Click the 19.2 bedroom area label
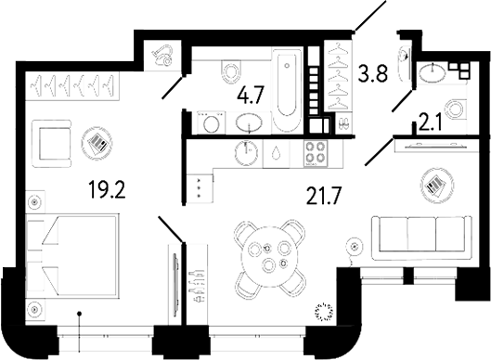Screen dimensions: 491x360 pyautogui.click(x=107, y=190)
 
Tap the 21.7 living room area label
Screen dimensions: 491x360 pyautogui.click(x=324, y=196)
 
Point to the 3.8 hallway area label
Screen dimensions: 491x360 pyautogui.click(x=373, y=72)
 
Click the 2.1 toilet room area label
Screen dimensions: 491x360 pyautogui.click(x=431, y=123)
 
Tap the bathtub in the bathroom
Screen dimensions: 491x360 pyautogui.click(x=287, y=90)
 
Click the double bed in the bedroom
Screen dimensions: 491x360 pyautogui.click(x=72, y=254)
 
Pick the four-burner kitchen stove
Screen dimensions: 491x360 pyautogui.click(x=315, y=153)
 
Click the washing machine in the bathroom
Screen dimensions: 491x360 pyautogui.click(x=211, y=122)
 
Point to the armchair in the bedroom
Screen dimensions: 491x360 pyautogui.click(x=53, y=143)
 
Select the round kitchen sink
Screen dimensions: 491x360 pyautogui.click(x=247, y=152)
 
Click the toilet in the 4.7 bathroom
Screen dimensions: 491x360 pyautogui.click(x=232, y=71)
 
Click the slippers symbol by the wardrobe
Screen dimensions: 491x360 pyautogui.click(x=343, y=123)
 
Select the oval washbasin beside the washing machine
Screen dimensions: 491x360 pyautogui.click(x=249, y=122)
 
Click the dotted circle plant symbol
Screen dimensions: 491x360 pyautogui.click(x=324, y=311)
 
